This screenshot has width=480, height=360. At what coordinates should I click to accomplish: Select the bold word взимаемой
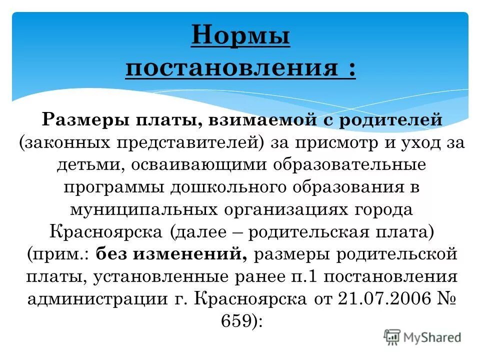249,120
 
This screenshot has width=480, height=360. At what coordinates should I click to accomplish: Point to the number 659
234,321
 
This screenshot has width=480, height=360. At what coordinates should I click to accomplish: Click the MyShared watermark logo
422,336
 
